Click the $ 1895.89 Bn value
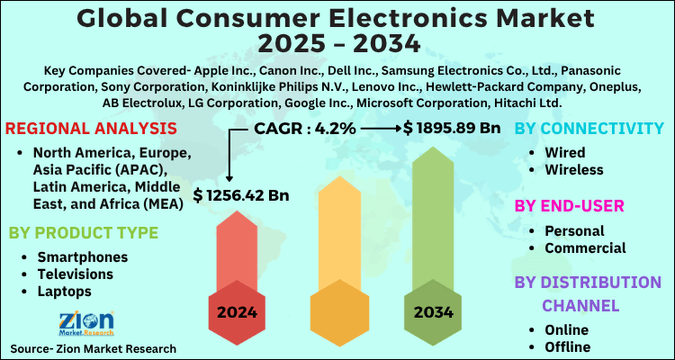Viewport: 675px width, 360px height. [x=452, y=129]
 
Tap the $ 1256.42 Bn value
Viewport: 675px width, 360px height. [x=241, y=194]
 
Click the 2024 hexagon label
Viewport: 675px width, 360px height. [x=233, y=312]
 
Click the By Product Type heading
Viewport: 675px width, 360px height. [x=83, y=233]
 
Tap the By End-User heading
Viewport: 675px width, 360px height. [x=568, y=206]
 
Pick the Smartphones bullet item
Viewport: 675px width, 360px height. [x=82, y=257]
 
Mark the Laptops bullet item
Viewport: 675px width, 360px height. [x=66, y=292]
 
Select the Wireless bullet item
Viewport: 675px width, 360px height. [x=573, y=169]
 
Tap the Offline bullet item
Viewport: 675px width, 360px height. [x=567, y=346]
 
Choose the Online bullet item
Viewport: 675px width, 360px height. [x=566, y=329]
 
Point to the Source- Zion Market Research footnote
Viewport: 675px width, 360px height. [x=94, y=347]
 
